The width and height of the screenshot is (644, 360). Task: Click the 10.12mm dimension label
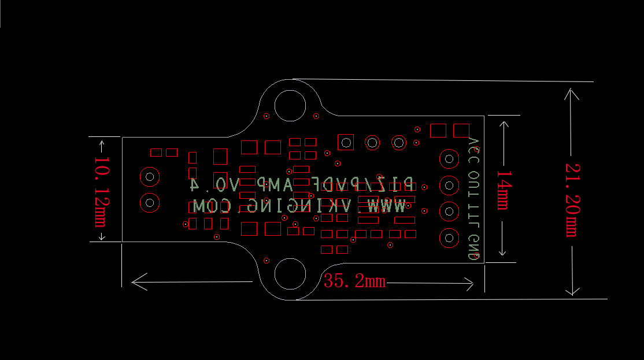(103, 191)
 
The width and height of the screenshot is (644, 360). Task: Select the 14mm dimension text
(502, 190)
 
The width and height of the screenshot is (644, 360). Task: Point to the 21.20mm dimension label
(572, 199)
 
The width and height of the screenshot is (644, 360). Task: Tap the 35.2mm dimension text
(354, 281)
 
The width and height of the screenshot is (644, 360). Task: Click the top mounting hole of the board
(290, 105)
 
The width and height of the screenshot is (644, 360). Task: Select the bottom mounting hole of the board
(290, 274)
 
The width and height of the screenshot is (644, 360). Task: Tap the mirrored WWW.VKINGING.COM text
(299, 205)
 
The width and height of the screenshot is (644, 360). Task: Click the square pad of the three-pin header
(346, 142)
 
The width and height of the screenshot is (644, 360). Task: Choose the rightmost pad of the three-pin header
(399, 142)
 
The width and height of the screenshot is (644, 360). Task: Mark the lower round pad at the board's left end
(150, 202)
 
